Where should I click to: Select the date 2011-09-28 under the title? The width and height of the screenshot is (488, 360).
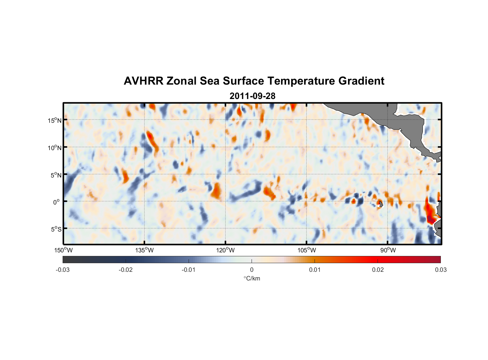point(252,96)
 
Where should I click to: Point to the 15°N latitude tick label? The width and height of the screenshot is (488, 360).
point(55,121)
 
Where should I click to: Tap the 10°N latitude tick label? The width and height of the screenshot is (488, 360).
point(55,148)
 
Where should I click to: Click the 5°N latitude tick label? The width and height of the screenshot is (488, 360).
point(56,175)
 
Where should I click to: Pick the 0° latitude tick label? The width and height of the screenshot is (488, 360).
point(57,202)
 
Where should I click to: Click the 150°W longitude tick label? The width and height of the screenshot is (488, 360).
point(64,250)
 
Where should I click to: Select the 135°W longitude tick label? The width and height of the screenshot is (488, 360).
point(144,250)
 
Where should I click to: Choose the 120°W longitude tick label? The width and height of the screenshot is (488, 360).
point(225,250)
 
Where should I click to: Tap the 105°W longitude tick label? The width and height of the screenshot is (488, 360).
point(307,250)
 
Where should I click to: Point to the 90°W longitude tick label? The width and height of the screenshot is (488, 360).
point(388,250)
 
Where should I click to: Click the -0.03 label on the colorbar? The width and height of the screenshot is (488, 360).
point(63,270)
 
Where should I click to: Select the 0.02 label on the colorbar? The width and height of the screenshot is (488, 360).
point(378,270)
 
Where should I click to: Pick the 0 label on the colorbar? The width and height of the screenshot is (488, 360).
point(252,270)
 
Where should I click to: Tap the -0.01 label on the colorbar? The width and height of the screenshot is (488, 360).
point(189,270)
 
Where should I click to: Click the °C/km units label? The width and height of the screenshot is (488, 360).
point(252,278)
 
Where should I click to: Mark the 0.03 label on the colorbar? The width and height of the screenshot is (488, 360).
point(440,270)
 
